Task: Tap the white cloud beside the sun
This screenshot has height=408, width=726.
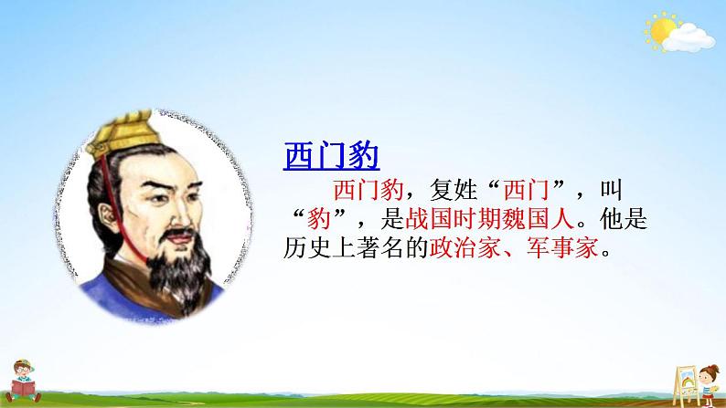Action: click(693, 37)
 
